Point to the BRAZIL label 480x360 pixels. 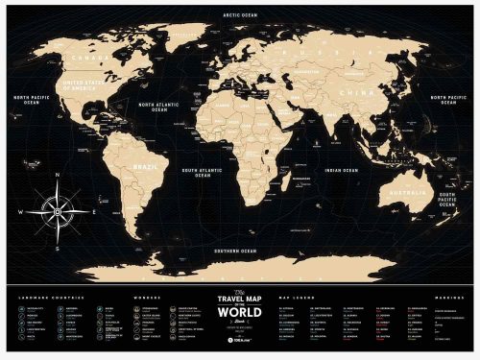coord(143,164)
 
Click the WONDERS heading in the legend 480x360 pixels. coord(145,296)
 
